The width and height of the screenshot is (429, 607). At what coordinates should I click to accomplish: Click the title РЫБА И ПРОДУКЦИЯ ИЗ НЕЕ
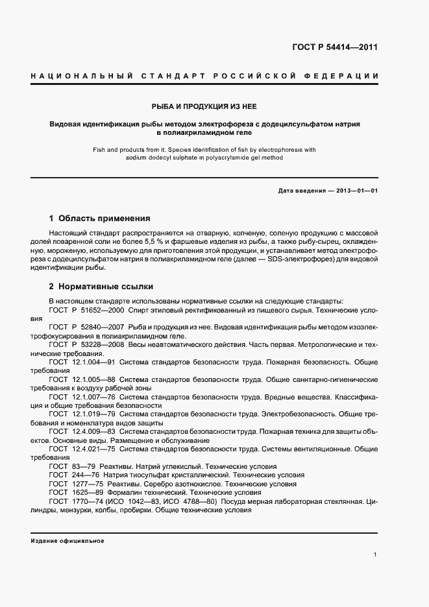[x=205, y=106]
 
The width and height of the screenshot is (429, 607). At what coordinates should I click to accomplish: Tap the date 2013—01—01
[x=356, y=191]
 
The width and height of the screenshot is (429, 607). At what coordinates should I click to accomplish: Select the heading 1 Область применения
[x=99, y=218]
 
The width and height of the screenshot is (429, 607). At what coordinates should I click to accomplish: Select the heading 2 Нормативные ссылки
[x=101, y=286]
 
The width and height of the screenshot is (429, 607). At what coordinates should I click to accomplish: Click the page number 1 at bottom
[x=376, y=555]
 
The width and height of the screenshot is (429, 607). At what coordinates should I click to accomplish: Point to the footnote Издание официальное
[x=67, y=541]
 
